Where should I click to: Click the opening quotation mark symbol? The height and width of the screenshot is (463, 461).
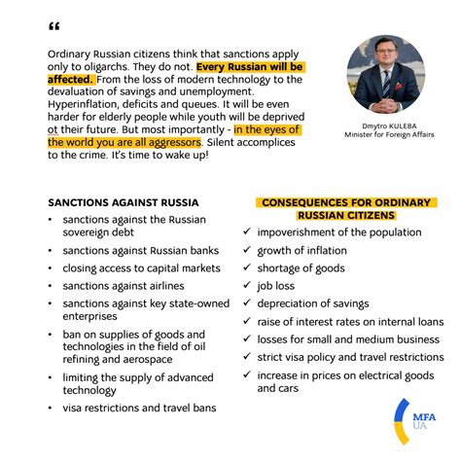pyautogui.click(x=53, y=27)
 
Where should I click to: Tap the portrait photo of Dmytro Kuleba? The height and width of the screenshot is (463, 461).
pyautogui.click(x=385, y=74)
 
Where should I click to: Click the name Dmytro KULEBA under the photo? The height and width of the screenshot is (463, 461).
pyautogui.click(x=385, y=125)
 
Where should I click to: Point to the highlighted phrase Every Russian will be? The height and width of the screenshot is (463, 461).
pyautogui.click(x=250, y=67)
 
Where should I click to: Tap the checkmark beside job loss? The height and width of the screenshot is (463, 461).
pyautogui.click(x=246, y=286)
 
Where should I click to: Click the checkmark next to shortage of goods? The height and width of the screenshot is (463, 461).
pyautogui.click(x=246, y=268)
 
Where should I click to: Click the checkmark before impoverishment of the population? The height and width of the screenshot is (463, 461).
pyautogui.click(x=246, y=233)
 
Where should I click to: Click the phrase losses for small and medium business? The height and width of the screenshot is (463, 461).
pyautogui.click(x=349, y=339)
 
